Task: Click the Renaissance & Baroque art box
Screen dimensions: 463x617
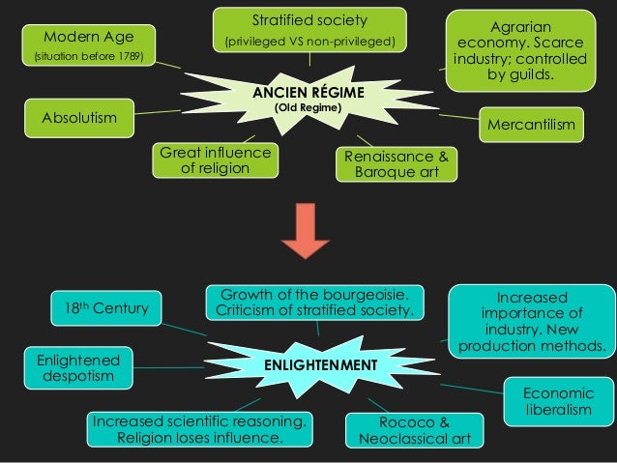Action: click(397, 165)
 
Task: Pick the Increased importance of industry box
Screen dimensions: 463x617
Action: click(532, 319)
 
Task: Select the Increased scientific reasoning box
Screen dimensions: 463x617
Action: click(200, 430)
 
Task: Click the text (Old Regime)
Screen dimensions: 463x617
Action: click(308, 106)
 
